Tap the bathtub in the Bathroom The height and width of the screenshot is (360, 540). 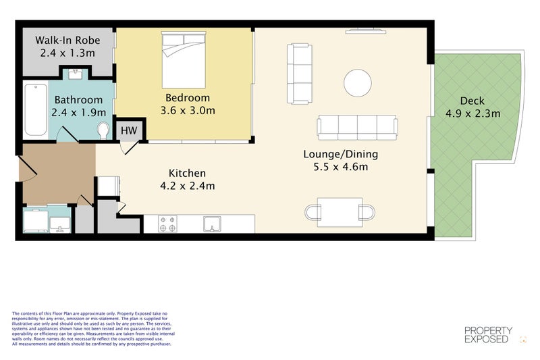point(34,108)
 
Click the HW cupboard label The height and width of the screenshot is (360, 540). point(128,130)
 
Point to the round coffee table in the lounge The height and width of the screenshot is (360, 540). point(357,82)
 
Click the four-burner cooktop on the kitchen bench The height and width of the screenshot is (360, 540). point(167,224)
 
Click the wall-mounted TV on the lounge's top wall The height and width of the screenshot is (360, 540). point(366,30)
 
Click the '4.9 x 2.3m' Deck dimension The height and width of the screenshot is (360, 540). point(473,113)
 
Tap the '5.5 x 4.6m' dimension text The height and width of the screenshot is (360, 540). point(340,167)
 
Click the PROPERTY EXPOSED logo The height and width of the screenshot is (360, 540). point(488,335)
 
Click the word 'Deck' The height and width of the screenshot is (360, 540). point(473,101)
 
